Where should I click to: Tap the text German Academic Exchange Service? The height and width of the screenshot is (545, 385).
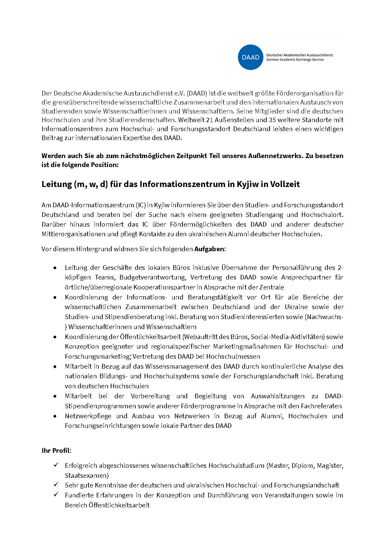coord(295,60)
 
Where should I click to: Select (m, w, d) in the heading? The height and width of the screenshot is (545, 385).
coord(91,184)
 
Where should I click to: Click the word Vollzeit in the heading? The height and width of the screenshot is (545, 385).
coord(285,184)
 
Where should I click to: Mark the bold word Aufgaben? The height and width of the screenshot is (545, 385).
coord(209,249)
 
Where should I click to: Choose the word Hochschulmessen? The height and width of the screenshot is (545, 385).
coord(233,356)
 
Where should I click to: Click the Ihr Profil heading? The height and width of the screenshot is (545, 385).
coord(56,451)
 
